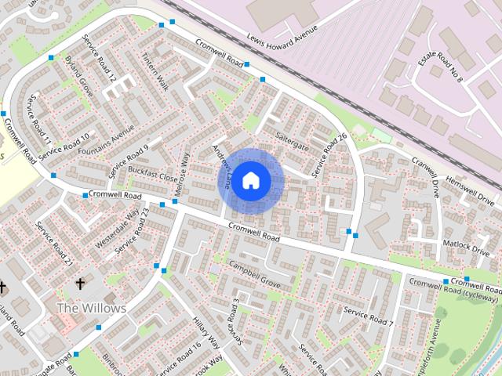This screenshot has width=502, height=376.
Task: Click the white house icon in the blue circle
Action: point(250,180)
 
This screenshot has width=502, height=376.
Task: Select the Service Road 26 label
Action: point(329,154)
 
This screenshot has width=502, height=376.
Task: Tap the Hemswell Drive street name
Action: point(464,189)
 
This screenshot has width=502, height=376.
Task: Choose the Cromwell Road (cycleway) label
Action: point(453,290)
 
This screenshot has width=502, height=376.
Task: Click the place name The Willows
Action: point(91,308)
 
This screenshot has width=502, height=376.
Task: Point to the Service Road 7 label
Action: point(369,316)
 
